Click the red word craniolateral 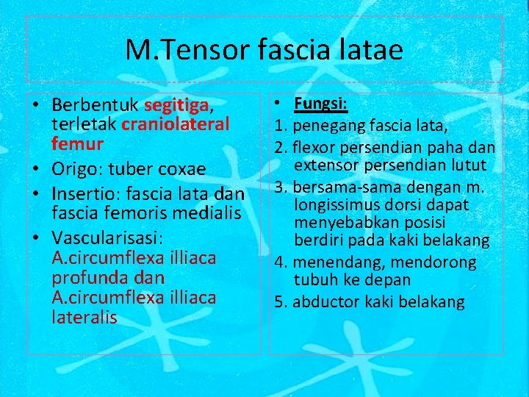176,124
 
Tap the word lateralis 84,317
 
